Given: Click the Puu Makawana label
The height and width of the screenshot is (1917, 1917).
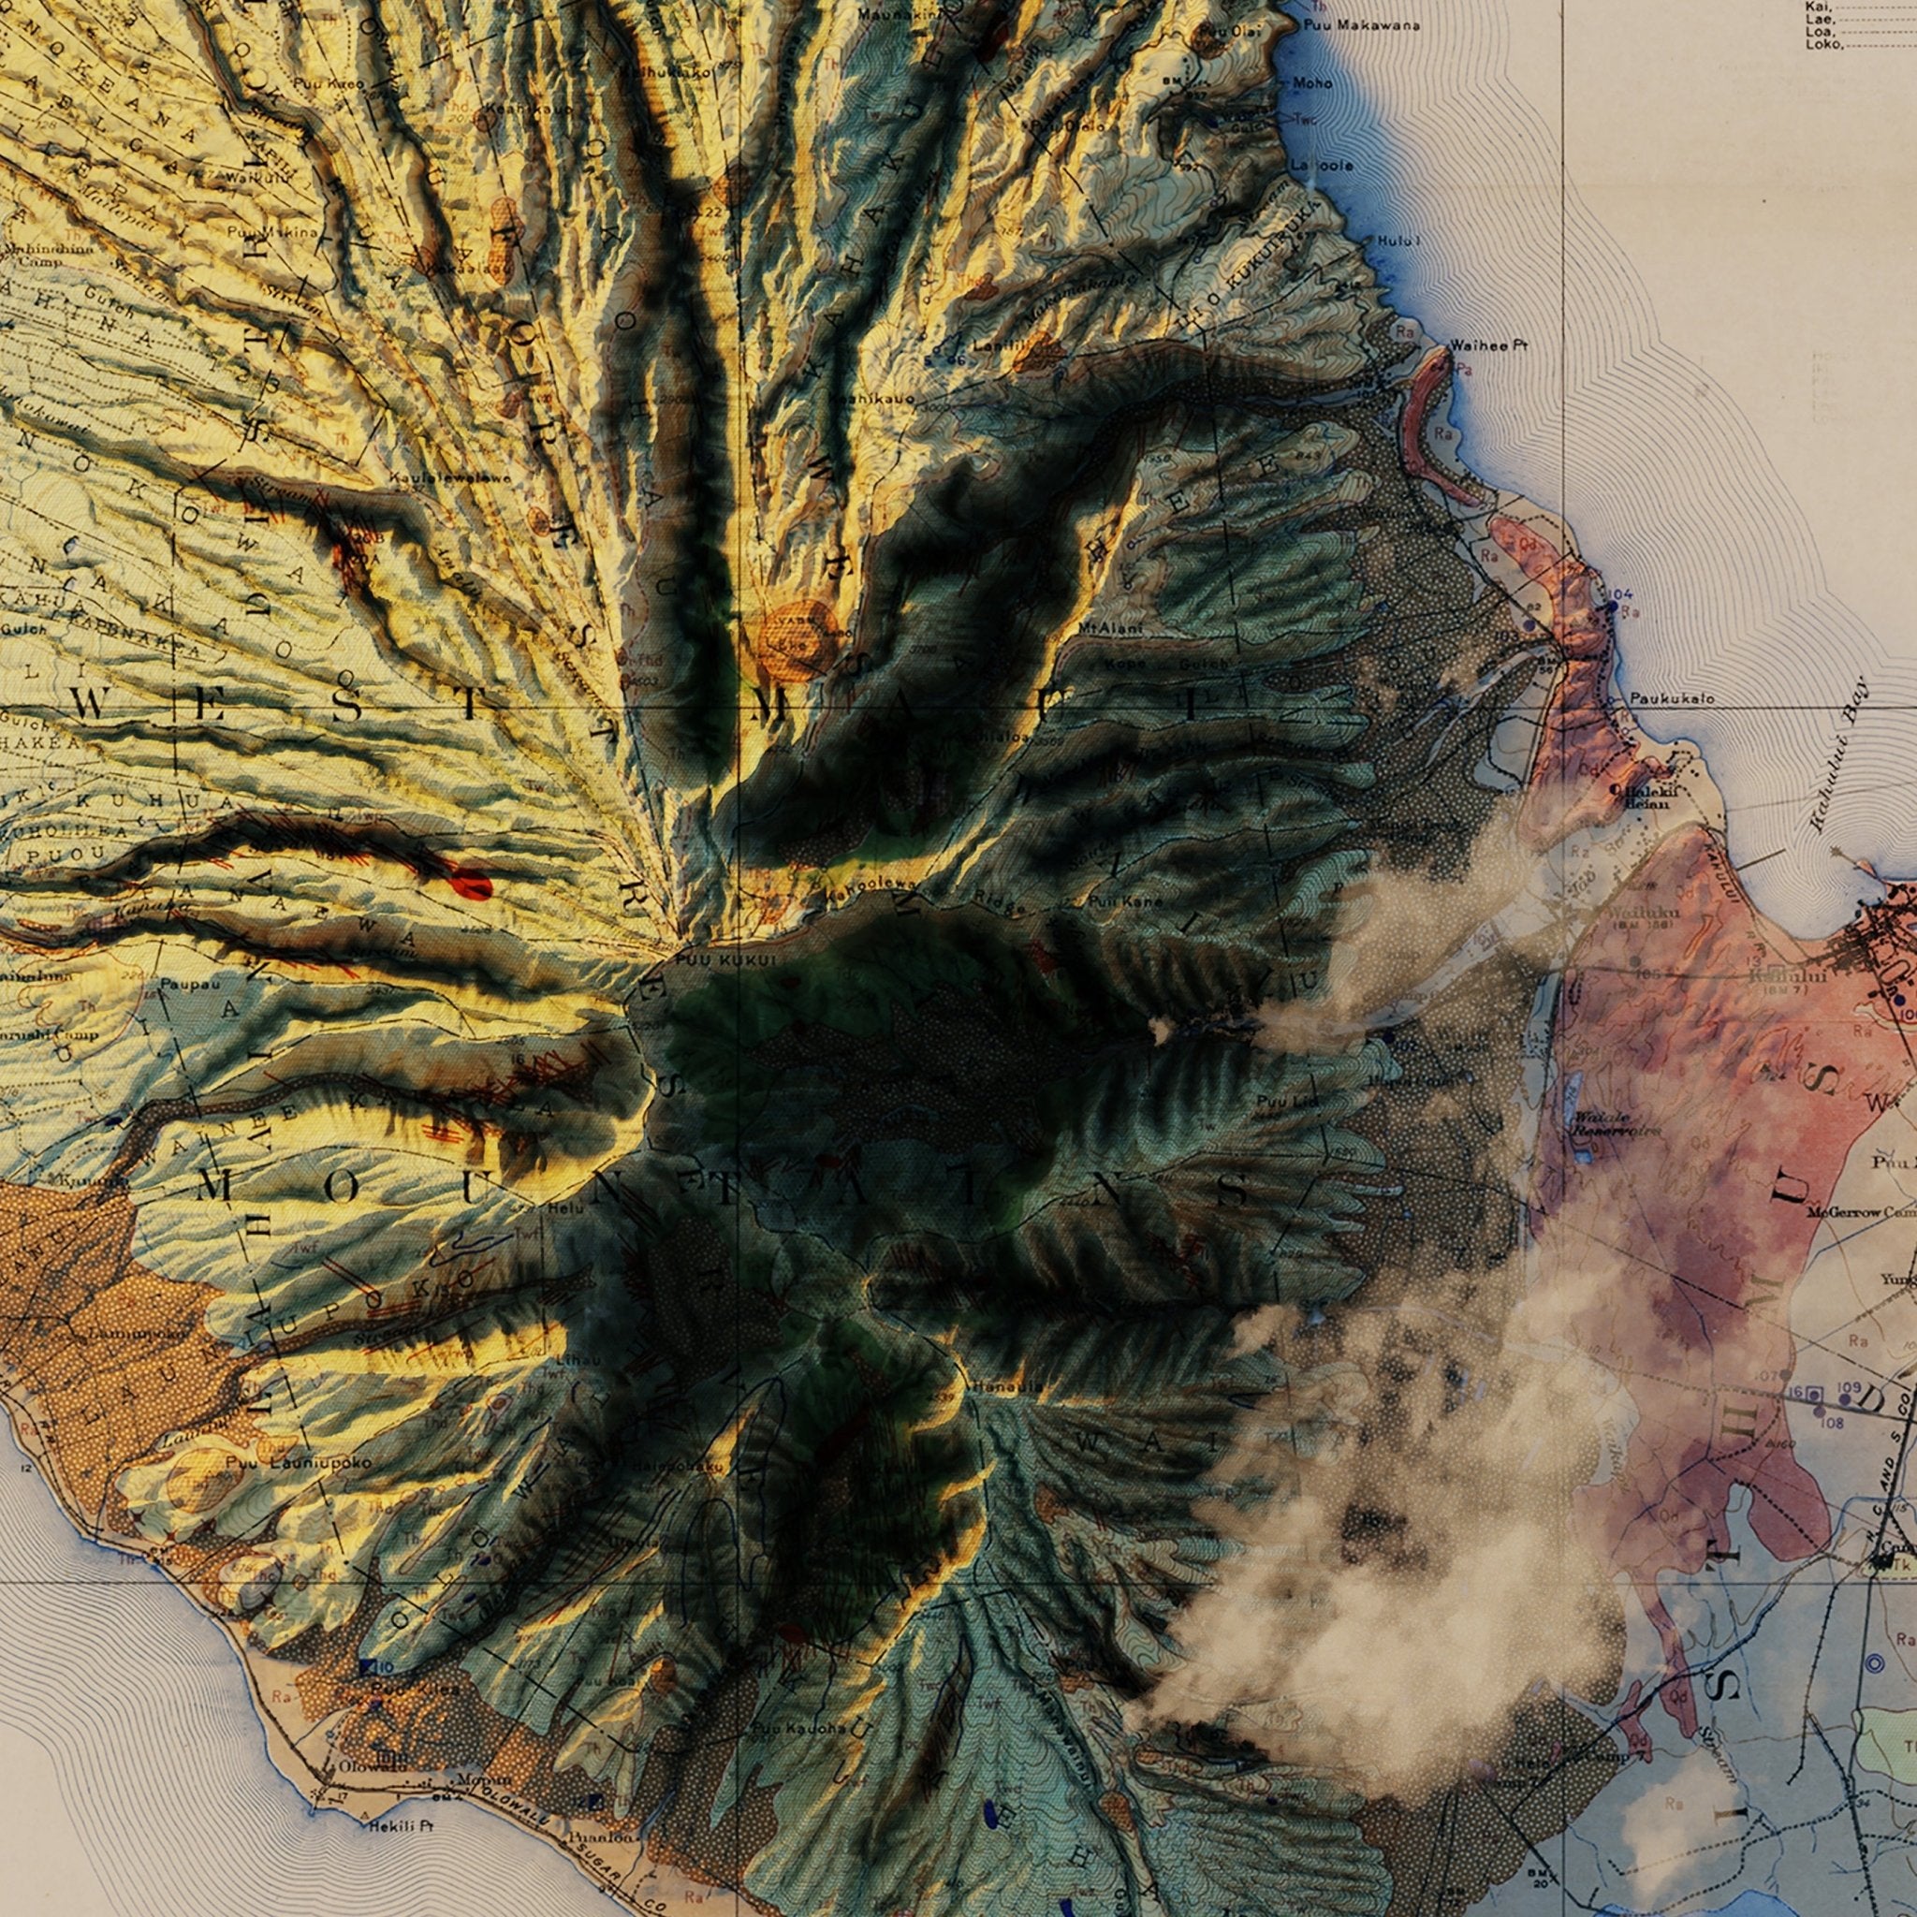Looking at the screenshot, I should (x=1363, y=26).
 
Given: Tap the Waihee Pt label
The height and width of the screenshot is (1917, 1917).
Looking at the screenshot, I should (x=1488, y=346).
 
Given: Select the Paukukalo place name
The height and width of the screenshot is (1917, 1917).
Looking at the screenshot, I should (x=1672, y=698).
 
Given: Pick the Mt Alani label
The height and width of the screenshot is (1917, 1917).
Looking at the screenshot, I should (x=1110, y=628).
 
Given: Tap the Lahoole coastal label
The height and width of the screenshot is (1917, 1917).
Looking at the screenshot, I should (x=1322, y=166).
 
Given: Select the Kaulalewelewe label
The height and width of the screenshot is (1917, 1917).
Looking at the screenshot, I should (x=449, y=478).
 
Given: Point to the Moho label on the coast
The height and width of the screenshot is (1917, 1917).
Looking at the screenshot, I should (x=1312, y=83).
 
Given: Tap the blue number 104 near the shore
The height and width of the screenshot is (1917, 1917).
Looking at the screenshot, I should (x=1618, y=593).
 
